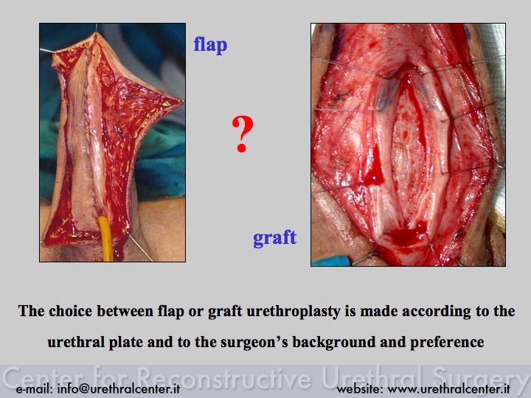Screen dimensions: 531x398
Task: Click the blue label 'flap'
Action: pyautogui.click(x=210, y=45)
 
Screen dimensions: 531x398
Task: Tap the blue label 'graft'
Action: pyautogui.click(x=274, y=237)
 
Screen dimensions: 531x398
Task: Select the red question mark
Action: pyautogui.click(x=242, y=134)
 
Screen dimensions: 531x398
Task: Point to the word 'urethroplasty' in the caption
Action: pyautogui.click(x=293, y=311)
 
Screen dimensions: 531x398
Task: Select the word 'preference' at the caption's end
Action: pyautogui.click(x=447, y=342)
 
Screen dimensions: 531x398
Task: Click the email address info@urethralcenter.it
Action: pyautogui.click(x=119, y=388)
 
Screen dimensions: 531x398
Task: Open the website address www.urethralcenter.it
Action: pyautogui.click(x=448, y=388)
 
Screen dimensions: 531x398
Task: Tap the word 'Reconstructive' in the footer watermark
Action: pyautogui.click(x=225, y=377)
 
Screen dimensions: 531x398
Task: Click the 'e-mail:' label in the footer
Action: pyautogui.click(x=34, y=388)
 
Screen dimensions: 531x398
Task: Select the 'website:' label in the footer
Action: pyautogui.click(x=360, y=388)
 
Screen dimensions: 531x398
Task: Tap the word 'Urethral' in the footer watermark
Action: pyautogui.click(x=372, y=377)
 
